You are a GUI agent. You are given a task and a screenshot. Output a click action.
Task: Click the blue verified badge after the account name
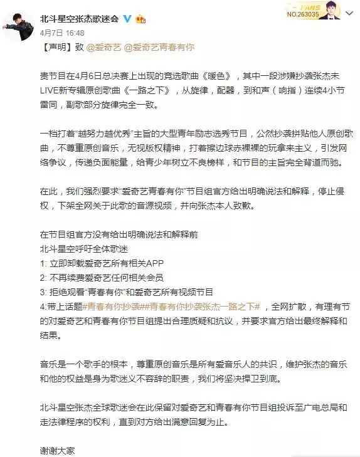128,18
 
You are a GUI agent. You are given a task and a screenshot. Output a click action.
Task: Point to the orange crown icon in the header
142,18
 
